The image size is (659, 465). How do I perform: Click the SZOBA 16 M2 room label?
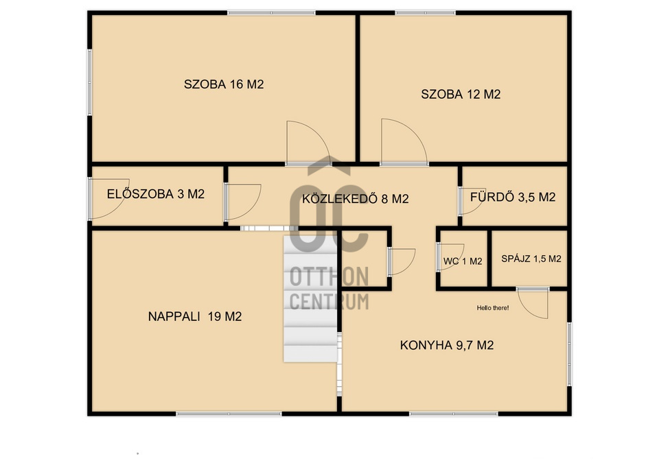224,84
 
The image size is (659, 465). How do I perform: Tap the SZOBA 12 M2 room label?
461,94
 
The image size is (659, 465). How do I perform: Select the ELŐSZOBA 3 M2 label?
156,193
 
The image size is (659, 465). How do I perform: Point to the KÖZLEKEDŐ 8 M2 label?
355,198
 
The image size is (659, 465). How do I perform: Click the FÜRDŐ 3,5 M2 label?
513,197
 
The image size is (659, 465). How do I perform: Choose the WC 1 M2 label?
463,261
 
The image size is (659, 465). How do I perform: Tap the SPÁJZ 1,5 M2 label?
531,259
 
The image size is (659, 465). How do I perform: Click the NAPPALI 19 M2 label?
194,316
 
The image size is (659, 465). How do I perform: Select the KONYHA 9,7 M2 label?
447,345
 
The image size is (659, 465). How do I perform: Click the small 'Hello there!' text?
493,308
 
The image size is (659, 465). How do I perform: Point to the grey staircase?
310,298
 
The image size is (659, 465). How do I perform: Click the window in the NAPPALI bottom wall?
229,414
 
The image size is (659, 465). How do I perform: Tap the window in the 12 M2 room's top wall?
426,13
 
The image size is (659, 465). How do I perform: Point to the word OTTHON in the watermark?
329,277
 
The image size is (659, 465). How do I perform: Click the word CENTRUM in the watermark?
329,302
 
